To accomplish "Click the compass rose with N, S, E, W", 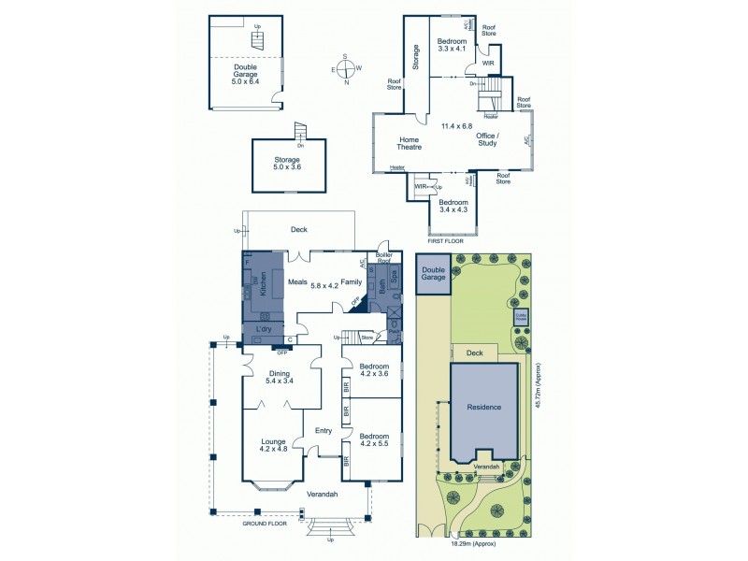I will pos(345,69).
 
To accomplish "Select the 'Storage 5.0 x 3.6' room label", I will pos(286,164).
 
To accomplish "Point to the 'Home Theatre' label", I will pos(410,142).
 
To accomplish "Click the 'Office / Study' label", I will pos(487,139).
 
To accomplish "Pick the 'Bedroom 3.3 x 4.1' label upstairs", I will pos(453,45).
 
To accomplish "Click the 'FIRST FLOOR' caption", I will pos(446,241).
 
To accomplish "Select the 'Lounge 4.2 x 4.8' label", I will pos(273,445).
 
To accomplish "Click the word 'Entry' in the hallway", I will pos(324,430).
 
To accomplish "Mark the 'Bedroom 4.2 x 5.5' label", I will pos(374,440).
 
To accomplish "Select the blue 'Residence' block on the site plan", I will pos(485,408).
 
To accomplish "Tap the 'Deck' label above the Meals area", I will pos(299,229).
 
